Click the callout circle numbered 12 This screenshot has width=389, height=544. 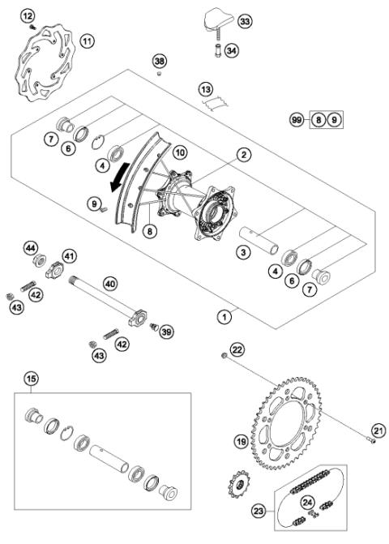[x=28, y=16]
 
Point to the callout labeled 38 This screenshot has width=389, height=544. [x=160, y=62]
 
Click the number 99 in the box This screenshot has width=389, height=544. [x=298, y=120]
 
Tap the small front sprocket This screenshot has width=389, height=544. [x=238, y=490]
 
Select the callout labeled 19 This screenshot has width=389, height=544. [x=241, y=442]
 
